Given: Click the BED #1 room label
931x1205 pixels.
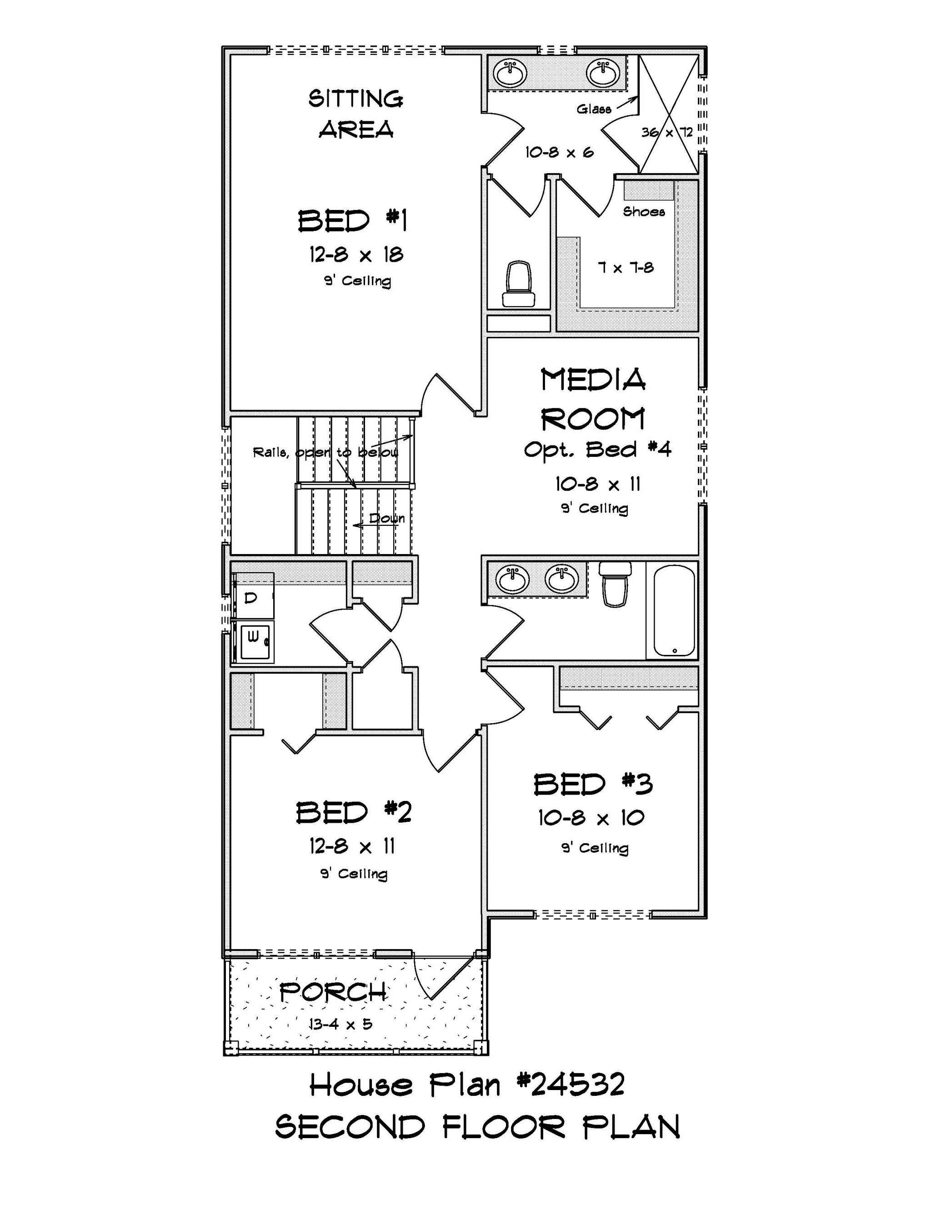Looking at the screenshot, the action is click(353, 221).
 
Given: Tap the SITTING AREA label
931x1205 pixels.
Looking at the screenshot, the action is click(356, 114).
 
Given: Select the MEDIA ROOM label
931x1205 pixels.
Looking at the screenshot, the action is click(593, 400).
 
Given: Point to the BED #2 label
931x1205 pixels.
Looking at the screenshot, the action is click(354, 813).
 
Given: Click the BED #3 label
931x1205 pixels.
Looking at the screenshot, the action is click(593, 784).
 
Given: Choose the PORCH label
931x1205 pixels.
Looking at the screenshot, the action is click(333, 993).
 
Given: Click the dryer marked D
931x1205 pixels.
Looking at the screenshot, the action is click(253, 595).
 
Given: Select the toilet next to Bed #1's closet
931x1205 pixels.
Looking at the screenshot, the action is click(518, 284).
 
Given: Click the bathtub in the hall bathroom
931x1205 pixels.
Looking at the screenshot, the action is click(674, 610).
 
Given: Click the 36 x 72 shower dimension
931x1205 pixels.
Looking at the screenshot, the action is click(666, 132).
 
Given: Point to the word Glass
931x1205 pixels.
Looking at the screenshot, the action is click(594, 109).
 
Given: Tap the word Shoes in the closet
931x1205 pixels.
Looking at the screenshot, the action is click(644, 211).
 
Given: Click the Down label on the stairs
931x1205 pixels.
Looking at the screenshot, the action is click(386, 518).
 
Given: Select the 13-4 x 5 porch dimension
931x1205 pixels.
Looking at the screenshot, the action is click(340, 1025).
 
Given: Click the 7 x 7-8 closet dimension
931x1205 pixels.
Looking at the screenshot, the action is click(626, 268).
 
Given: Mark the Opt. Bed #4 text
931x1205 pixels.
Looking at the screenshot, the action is click(598, 450).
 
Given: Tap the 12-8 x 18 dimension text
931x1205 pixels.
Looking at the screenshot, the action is click(356, 255).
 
